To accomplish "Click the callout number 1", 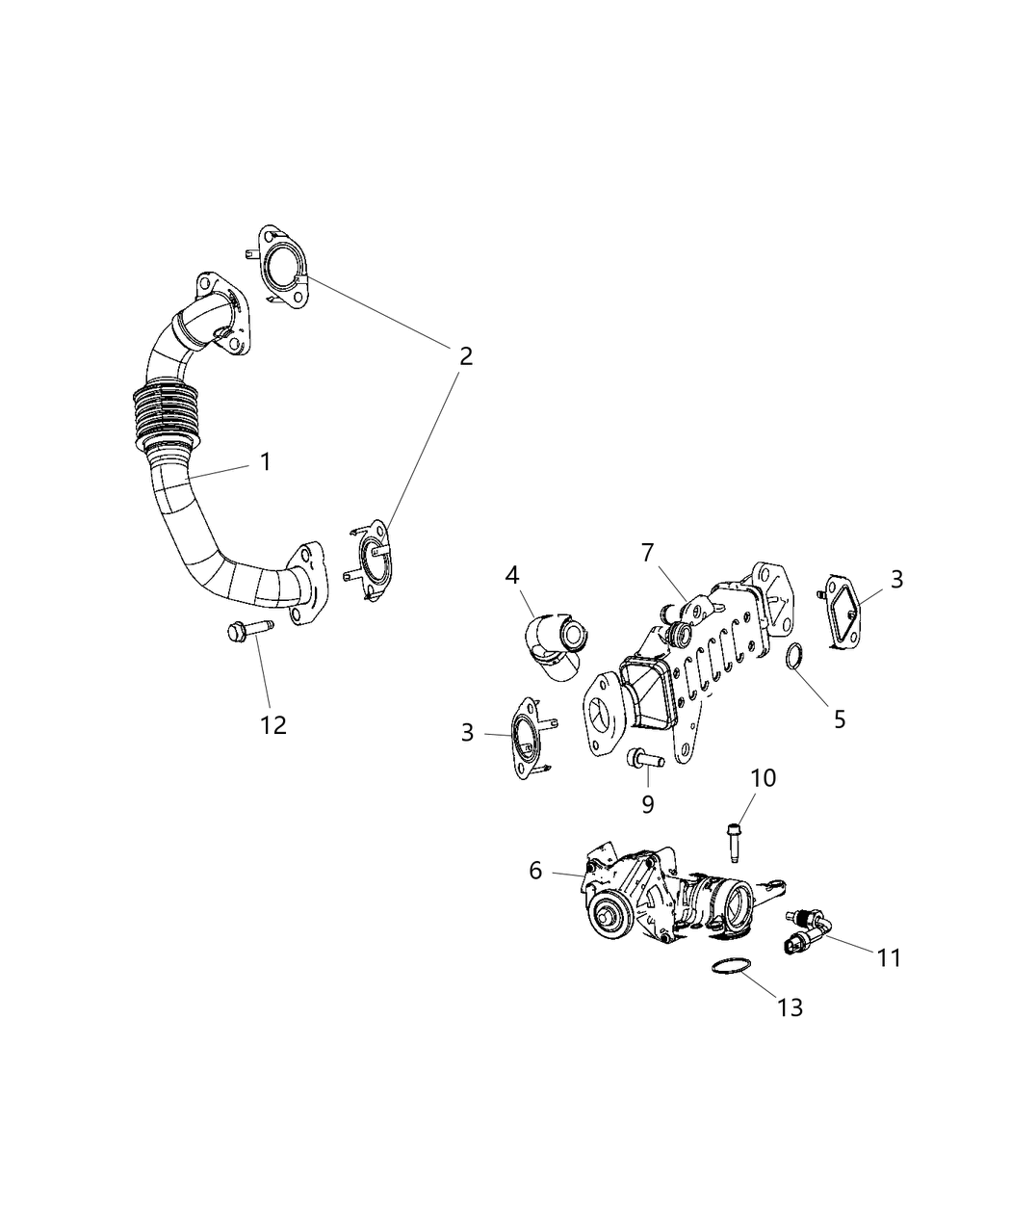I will tap(265, 462).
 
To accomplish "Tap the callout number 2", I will tap(465, 356).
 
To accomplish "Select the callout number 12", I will tap(273, 724).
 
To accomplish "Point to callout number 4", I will tap(512, 576).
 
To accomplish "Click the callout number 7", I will tap(648, 553).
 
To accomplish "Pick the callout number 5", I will tap(840, 719).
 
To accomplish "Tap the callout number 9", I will tap(648, 801).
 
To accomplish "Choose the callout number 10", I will tap(763, 777).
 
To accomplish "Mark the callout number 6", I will tap(536, 871).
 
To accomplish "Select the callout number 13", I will tap(790, 1007).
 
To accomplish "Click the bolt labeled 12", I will tap(247, 632).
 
